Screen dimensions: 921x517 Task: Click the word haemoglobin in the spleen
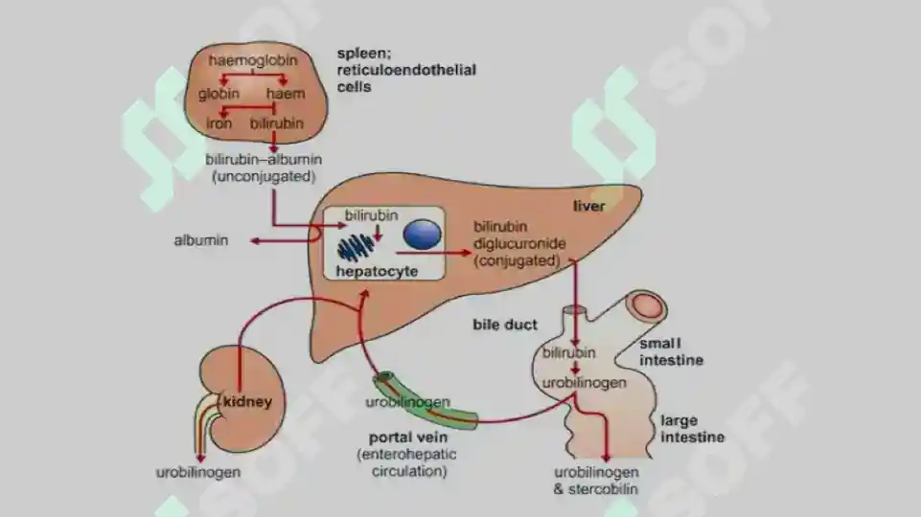pyautogui.click(x=253, y=60)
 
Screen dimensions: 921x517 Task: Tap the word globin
pyautogui.click(x=219, y=94)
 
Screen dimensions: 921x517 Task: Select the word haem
pyautogui.click(x=286, y=94)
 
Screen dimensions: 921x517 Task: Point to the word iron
pyautogui.click(x=219, y=124)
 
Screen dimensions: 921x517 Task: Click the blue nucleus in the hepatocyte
pyautogui.click(x=423, y=235)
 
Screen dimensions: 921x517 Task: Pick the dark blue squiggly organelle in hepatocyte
pyautogui.click(x=356, y=247)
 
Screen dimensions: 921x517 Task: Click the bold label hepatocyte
pyautogui.click(x=377, y=271)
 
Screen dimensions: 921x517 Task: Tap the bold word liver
pyautogui.click(x=589, y=206)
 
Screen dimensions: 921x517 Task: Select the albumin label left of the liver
pyautogui.click(x=201, y=240)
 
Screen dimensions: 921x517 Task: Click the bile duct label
pyautogui.click(x=505, y=325)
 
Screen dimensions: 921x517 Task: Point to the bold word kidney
pyautogui.click(x=247, y=402)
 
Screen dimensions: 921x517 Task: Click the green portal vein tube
pyautogui.click(x=426, y=401)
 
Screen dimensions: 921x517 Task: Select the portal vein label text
pyautogui.click(x=408, y=438)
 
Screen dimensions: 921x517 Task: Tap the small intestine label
pyautogui.click(x=672, y=351)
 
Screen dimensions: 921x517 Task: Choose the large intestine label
pyautogui.click(x=693, y=429)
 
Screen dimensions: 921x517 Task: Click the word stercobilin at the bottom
pyautogui.click(x=603, y=489)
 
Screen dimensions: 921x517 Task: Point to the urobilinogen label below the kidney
pyautogui.click(x=198, y=472)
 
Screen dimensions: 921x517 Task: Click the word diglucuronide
pyautogui.click(x=519, y=243)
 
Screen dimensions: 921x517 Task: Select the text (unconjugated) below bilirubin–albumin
pyautogui.click(x=264, y=176)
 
